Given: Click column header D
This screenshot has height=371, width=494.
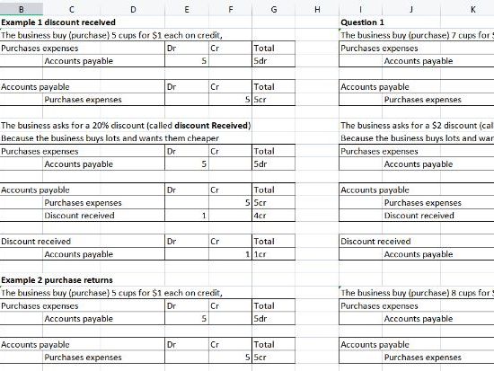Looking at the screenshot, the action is (133, 10).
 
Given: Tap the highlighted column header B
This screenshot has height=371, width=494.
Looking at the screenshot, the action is (21, 10).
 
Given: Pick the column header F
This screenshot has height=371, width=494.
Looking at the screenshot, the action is (231, 10).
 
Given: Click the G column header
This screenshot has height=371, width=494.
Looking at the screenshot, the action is (273, 10).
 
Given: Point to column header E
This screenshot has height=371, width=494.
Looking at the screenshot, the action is (186, 10).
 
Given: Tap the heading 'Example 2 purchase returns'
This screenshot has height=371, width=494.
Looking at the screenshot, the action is (60, 280).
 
